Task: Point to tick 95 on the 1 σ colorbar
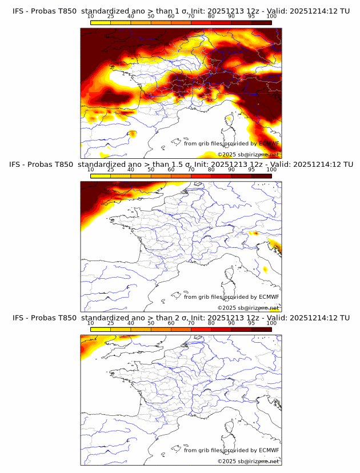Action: (251, 16)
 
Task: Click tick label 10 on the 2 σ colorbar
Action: (90, 323)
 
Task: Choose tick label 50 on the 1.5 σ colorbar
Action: (151, 170)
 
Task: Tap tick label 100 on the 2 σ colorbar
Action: (271, 323)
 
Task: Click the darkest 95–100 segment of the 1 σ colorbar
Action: (261, 22)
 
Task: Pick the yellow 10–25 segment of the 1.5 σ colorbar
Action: (101, 175)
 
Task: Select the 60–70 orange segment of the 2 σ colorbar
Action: (181, 329)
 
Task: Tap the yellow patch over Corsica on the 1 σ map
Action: (229, 120)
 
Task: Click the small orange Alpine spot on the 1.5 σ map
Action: (255, 233)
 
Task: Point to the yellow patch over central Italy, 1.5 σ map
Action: (266, 269)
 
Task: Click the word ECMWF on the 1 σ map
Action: (269, 143)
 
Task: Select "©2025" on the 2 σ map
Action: (226, 461)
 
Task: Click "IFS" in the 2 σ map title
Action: (18, 318)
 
